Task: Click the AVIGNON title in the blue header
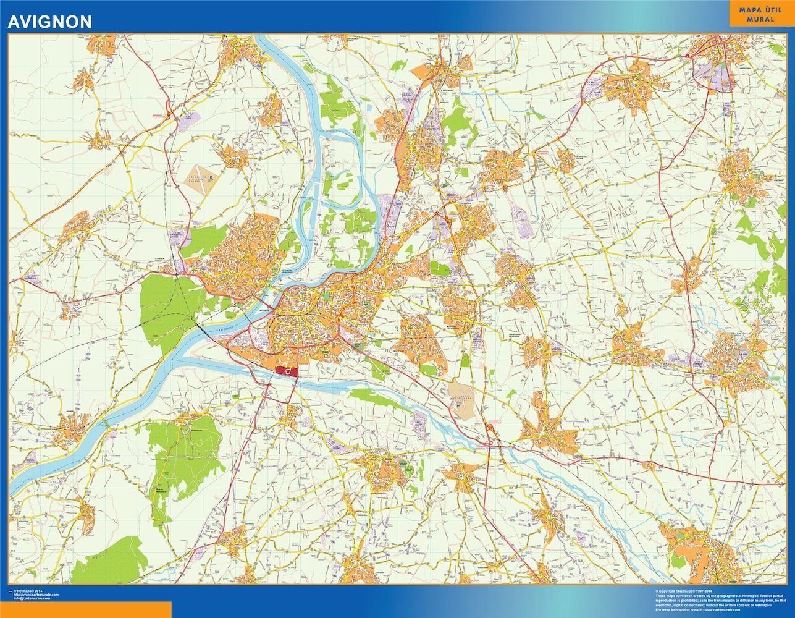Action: pos(49,22)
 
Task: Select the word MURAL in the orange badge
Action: pos(761,19)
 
